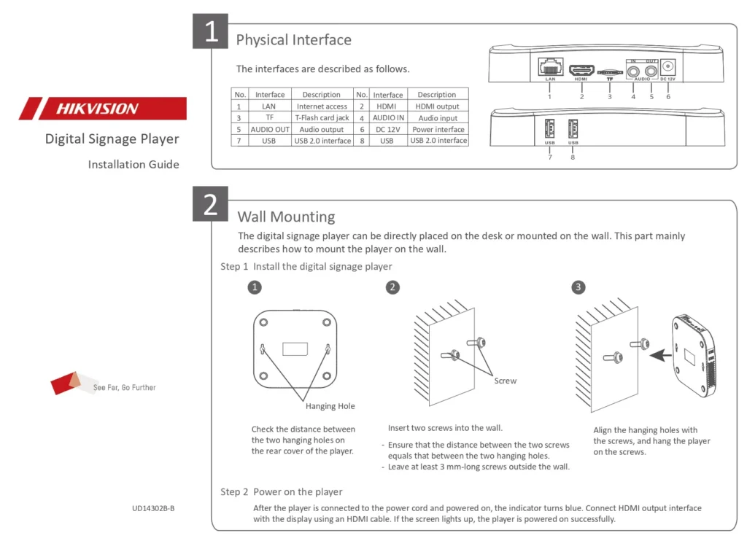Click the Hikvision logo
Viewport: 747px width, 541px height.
point(103,108)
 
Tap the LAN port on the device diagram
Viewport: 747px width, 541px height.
point(550,66)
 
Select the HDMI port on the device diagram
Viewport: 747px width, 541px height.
point(581,70)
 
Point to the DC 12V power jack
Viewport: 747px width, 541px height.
point(668,67)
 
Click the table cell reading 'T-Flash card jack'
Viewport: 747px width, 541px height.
point(322,117)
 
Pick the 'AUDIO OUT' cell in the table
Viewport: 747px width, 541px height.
point(270,129)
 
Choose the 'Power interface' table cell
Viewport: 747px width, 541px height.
point(438,129)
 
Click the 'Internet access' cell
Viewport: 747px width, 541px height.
point(322,106)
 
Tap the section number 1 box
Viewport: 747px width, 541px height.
point(210,31)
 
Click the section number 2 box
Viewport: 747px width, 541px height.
point(210,204)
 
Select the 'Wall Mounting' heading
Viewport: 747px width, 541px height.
point(286,217)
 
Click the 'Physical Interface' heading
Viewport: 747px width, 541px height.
point(294,39)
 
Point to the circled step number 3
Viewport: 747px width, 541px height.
point(578,287)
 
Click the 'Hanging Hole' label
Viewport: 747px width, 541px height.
point(330,406)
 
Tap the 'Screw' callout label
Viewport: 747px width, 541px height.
point(505,381)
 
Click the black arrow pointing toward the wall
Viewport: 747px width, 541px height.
point(661,355)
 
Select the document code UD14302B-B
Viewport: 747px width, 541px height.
point(153,508)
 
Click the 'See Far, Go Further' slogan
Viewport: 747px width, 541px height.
point(124,388)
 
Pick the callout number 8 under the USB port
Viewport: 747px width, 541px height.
point(573,157)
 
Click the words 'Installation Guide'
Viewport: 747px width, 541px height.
point(133,164)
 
